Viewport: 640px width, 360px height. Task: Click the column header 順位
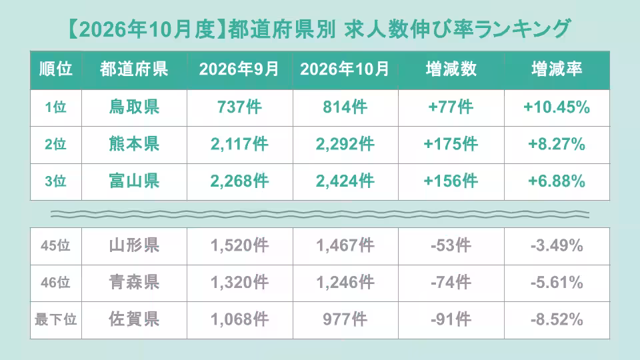pos(56,69)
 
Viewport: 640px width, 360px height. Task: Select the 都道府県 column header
pos(134,69)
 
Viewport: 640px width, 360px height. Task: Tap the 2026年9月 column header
pos(239,69)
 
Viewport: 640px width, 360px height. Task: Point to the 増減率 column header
pos(557,69)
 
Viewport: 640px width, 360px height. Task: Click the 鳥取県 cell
pos(134,107)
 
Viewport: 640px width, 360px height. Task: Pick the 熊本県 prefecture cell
pos(134,144)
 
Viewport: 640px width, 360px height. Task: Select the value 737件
pos(239,107)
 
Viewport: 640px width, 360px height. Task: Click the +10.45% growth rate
pos(557,107)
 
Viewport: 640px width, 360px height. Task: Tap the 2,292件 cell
pos(345,144)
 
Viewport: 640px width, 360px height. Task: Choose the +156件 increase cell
pos(451,181)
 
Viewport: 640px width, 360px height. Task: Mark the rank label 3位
pos(55,181)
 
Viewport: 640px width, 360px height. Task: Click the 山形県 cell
pos(134,245)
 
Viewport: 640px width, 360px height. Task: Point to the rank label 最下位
pos(55,319)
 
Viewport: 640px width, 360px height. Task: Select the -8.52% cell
pos(557,319)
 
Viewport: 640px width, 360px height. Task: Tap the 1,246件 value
pos(345,283)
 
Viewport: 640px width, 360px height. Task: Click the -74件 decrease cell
pos(451,283)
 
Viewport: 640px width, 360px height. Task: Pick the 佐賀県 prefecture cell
pos(134,319)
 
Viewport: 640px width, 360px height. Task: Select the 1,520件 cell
pos(239,245)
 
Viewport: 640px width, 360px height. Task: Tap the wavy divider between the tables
pos(320,214)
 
